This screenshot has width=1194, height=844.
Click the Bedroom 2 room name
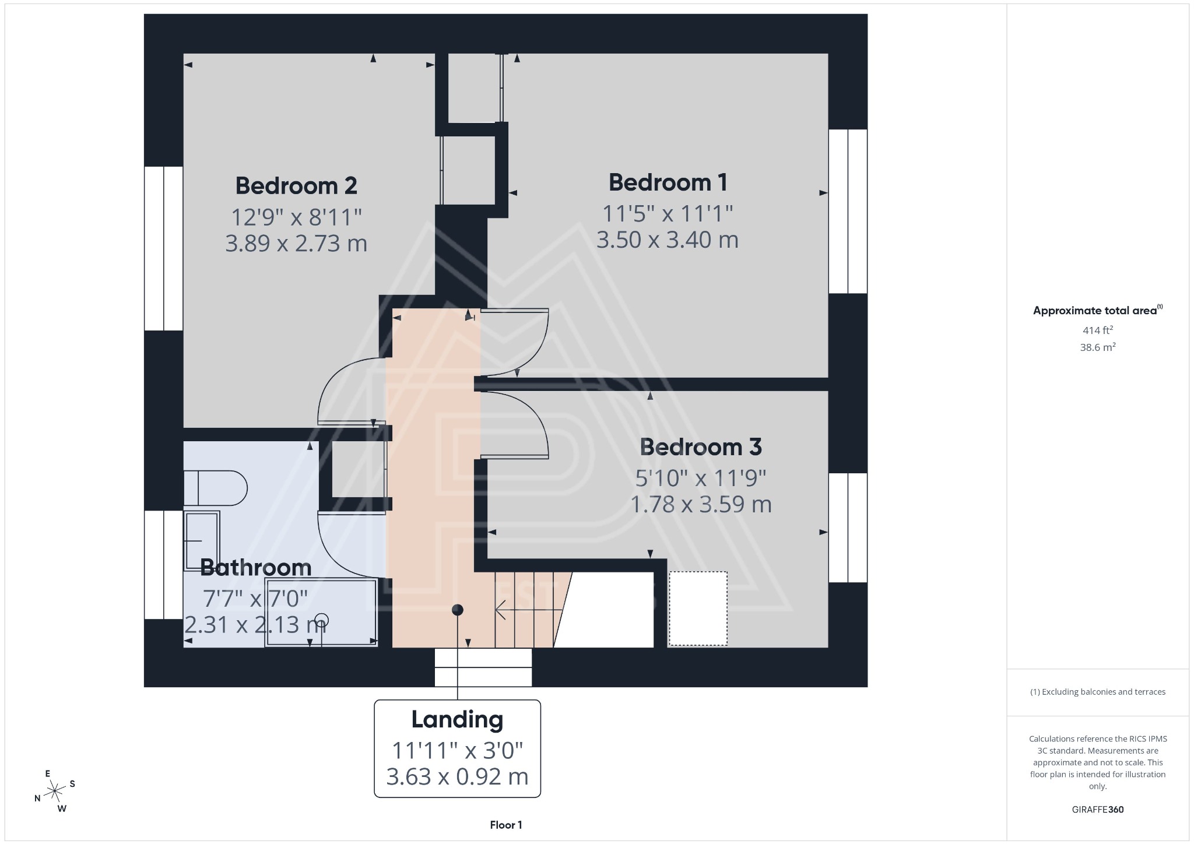point(296,186)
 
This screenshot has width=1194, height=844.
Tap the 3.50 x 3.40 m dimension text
point(668,240)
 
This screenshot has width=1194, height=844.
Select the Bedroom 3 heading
point(701,447)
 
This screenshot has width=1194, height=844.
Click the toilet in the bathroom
point(215,488)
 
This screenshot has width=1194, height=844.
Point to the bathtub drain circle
point(322,620)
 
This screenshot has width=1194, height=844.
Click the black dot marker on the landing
point(458,610)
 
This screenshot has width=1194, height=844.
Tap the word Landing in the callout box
point(457,719)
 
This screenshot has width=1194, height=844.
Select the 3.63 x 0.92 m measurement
point(457,776)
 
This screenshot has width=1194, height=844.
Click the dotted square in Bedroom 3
point(698,609)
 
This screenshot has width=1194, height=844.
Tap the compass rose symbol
point(55,791)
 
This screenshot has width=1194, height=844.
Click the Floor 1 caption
point(505,825)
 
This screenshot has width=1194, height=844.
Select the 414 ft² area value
point(1098,330)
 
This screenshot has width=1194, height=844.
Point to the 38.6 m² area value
point(1098,347)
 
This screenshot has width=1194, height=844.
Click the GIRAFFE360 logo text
point(1098,809)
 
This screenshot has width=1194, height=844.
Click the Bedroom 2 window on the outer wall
point(164,248)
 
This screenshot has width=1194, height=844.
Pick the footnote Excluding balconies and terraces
point(1098,692)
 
